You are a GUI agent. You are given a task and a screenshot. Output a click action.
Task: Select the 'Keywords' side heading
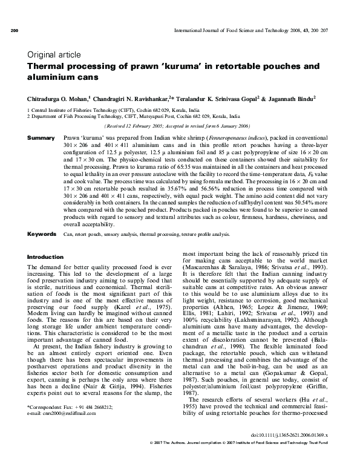click(x=41, y=233)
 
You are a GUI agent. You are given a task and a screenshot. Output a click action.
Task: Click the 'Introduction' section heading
click(x=45, y=256)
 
